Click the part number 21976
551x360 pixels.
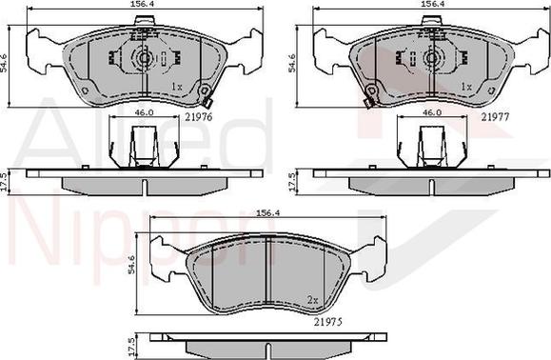pyautogui.click(x=199, y=117)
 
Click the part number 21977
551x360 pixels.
pyautogui.click(x=495, y=117)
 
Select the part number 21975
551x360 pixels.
pyautogui.click(x=328, y=322)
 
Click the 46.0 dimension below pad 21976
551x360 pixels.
pyautogui.click(x=144, y=112)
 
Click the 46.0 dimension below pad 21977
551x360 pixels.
pyautogui.click(x=431, y=112)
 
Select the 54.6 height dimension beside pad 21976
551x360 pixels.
pyautogui.click(x=4, y=63)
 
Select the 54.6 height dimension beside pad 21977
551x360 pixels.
pyautogui.click(x=291, y=63)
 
